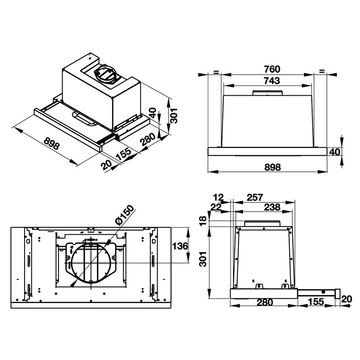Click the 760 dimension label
click(272, 69)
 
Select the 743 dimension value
click(272, 81)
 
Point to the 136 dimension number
click(180, 246)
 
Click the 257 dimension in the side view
click(255, 197)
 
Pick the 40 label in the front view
click(335, 152)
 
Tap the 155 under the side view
click(316, 302)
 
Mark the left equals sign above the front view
click(216, 72)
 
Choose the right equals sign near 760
click(321, 71)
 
